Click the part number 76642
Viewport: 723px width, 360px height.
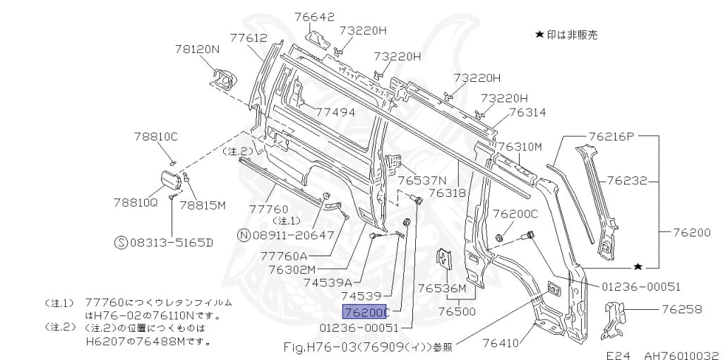(x=314, y=17)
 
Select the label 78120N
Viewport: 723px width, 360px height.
(x=198, y=49)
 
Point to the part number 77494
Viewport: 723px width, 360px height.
(x=335, y=112)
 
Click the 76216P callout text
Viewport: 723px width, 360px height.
(x=611, y=136)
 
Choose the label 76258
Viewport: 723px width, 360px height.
(x=682, y=309)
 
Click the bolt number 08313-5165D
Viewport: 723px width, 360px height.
(x=172, y=242)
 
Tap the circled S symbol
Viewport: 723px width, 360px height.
(x=121, y=242)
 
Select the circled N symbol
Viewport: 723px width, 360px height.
(x=244, y=235)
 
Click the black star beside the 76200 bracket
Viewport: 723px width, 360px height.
(x=638, y=266)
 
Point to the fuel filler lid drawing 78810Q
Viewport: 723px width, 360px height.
(x=170, y=180)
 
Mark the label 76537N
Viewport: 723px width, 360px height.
(x=422, y=180)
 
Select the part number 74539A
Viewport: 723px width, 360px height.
(x=328, y=281)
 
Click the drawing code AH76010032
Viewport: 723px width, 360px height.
(x=682, y=355)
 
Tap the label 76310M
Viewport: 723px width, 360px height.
(x=520, y=147)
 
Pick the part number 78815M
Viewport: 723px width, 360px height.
(x=203, y=205)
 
